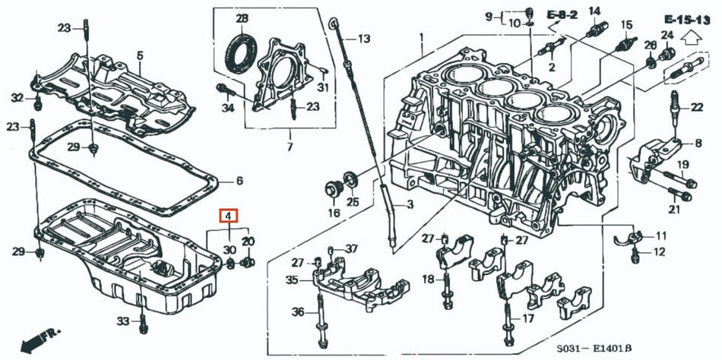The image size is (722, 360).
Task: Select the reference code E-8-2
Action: tap(562, 14)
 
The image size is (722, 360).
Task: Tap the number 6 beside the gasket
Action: tap(239, 181)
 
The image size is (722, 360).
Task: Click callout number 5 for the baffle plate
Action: tap(140, 55)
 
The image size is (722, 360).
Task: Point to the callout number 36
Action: tap(298, 311)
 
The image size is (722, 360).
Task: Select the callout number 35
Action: tap(292, 280)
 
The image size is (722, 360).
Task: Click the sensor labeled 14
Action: tap(594, 30)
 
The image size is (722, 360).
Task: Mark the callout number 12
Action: tap(659, 251)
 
